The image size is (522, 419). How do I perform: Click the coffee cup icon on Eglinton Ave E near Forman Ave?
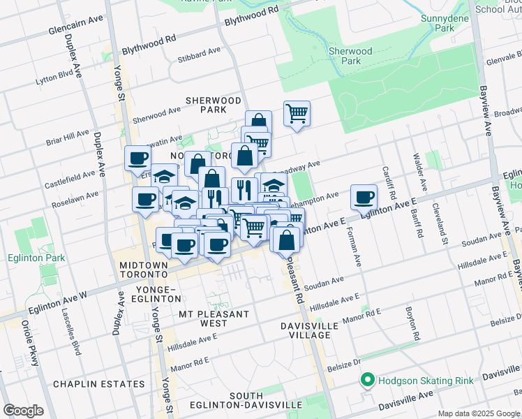pyautogui.click(x=363, y=198)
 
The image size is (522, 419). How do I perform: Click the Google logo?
pyautogui.click(x=23, y=410)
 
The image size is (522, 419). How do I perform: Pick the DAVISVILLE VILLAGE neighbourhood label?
pyautogui.click(x=310, y=330)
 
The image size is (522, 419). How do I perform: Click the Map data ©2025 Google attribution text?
pyautogui.click(x=479, y=413)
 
